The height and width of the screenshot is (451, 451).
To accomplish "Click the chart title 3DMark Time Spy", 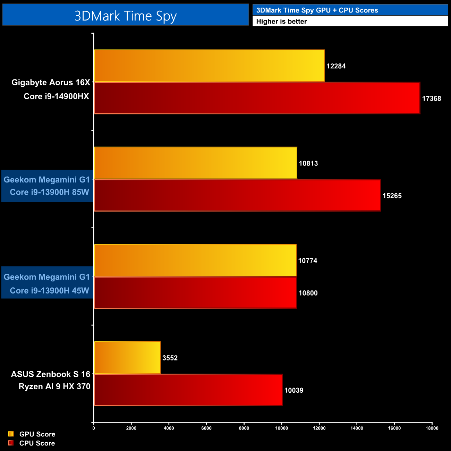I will [126, 16].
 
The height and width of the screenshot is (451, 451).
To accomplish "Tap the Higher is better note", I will [281, 22].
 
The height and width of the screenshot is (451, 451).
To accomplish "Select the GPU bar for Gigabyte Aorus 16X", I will [209, 66].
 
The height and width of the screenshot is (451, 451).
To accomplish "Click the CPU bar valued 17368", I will [257, 98].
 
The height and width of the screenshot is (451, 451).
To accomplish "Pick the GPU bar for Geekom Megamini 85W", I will [195, 163].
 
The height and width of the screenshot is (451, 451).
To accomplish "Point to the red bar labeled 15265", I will [237, 195].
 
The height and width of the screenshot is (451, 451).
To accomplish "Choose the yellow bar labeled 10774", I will [195, 260].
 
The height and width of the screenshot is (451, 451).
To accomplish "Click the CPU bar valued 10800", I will [195, 292].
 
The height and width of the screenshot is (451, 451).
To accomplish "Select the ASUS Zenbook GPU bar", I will [127, 358].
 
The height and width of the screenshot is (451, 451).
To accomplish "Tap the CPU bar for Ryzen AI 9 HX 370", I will [188, 390].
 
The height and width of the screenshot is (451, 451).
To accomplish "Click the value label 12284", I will [336, 66].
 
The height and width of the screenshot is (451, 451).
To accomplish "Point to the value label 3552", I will [170, 358].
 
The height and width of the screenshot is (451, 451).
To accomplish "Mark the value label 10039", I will [293, 391].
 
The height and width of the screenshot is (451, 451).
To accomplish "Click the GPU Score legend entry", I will [37, 434].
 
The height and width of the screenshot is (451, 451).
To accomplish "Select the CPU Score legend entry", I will [37, 443].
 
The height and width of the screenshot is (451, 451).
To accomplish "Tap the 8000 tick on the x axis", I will [244, 428].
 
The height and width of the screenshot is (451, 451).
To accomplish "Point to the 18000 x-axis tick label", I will [432, 428].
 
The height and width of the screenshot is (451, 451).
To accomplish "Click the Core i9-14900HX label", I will [56, 96].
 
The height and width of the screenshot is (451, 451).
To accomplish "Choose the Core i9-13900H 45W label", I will [49, 291].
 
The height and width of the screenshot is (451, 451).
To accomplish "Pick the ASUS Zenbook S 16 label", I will [51, 374].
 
